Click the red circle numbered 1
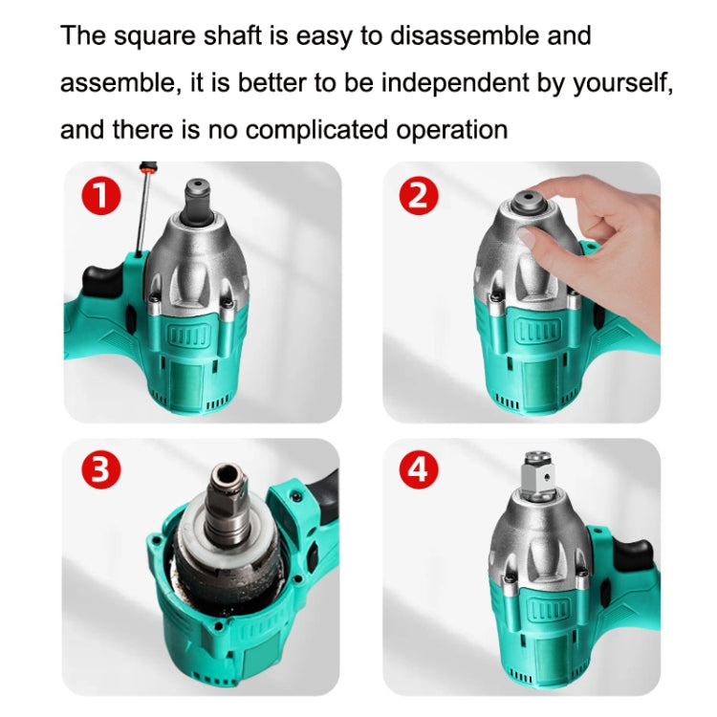pos(102,198)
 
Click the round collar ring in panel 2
pos(529,204)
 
